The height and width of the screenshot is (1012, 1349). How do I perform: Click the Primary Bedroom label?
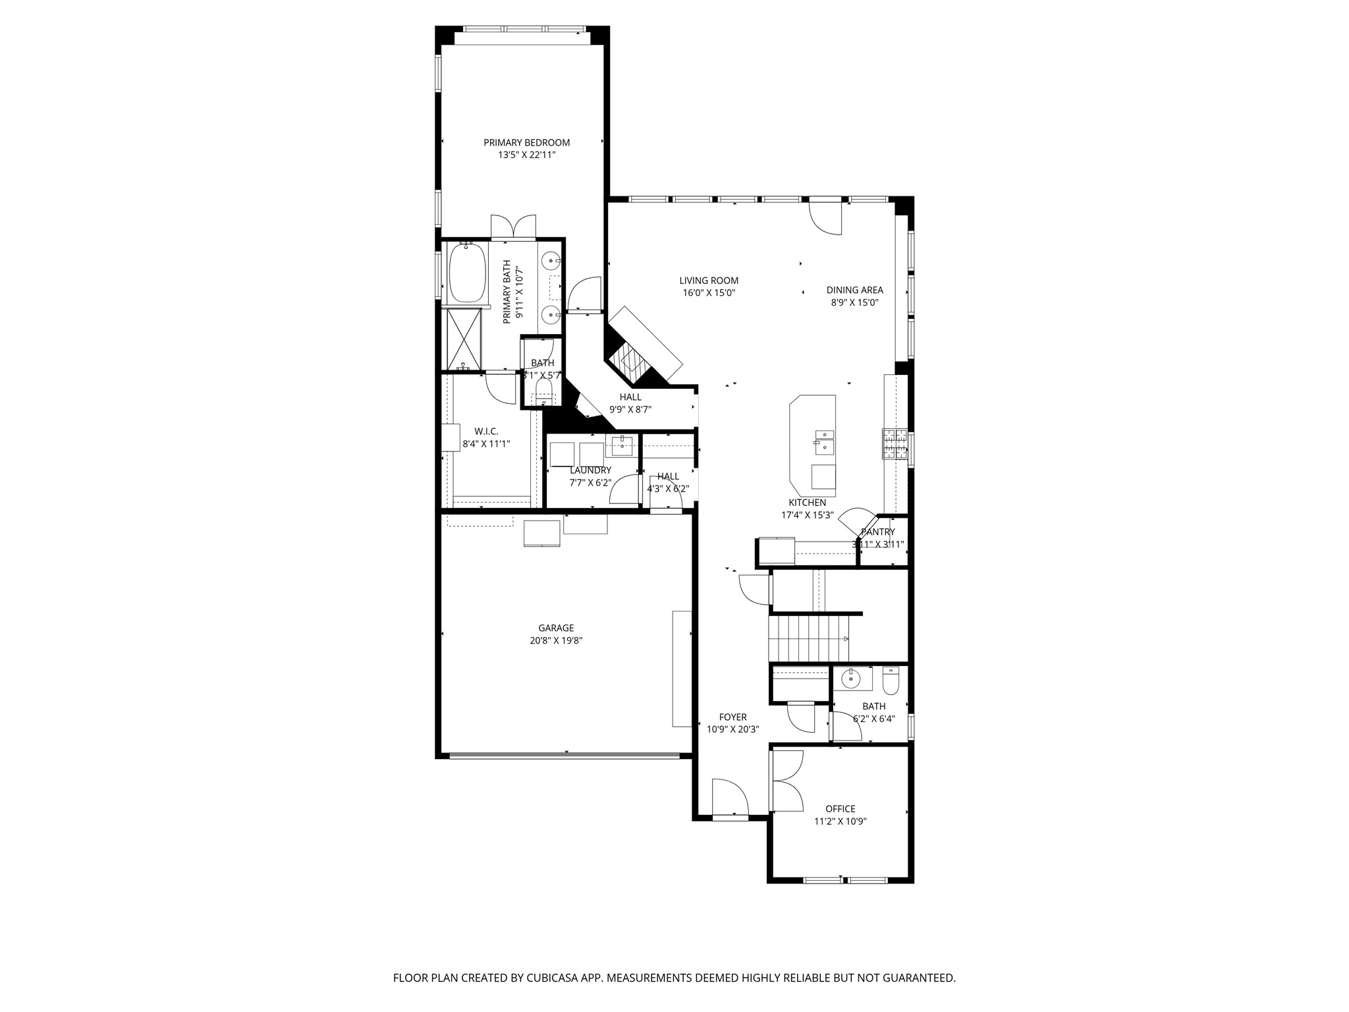click(x=526, y=142)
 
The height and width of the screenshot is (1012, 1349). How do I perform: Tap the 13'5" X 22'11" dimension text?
click(x=526, y=155)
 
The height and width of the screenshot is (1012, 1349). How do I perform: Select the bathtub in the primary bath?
click(x=467, y=273)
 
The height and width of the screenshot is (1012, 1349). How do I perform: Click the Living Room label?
click(x=709, y=281)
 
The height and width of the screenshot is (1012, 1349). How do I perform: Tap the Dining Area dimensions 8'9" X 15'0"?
click(x=854, y=303)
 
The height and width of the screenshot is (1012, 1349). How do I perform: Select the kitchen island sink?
click(x=824, y=442)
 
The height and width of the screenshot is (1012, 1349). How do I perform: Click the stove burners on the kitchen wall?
click(x=895, y=443)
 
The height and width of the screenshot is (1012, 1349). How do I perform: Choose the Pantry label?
click(x=877, y=532)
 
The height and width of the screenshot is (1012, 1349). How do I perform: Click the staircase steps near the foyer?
click(x=809, y=638)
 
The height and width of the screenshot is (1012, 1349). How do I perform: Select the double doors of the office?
click(x=786, y=781)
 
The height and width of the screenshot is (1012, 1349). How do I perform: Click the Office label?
click(x=840, y=809)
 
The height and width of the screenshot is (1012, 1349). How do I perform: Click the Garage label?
click(x=556, y=628)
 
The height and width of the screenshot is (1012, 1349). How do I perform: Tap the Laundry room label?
click(x=590, y=470)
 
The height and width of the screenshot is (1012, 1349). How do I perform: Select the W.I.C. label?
click(x=486, y=432)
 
